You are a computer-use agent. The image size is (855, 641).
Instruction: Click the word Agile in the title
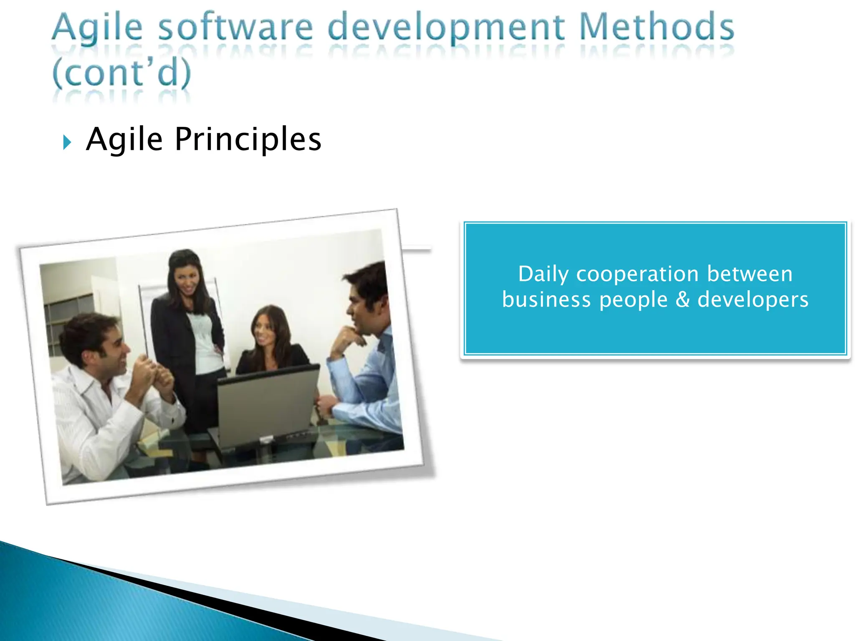point(97,28)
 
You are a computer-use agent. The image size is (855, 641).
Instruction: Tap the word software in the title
point(235,28)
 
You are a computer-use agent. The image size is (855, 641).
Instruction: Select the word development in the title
point(446,28)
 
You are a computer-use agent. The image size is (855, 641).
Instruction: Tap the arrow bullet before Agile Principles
point(67,142)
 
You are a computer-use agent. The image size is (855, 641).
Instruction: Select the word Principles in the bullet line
point(248,139)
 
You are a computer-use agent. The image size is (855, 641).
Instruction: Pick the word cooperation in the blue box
point(637,275)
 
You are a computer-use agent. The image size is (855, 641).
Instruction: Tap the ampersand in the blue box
point(683,300)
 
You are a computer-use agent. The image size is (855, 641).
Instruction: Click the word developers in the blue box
point(753,300)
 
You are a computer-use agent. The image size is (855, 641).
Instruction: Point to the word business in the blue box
point(546,300)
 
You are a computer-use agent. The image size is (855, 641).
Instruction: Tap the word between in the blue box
point(750,275)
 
